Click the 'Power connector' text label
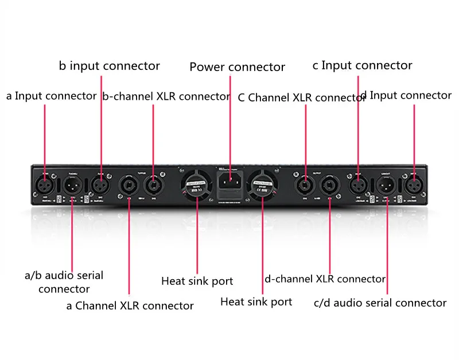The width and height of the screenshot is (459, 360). tap(237, 67)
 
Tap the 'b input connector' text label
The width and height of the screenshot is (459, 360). tap(109, 66)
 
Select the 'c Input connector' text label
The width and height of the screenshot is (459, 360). tap(362, 65)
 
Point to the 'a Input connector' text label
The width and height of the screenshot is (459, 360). tap(51, 96)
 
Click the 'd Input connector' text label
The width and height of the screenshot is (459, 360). tap(405, 95)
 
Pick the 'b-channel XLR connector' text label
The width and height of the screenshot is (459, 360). tap(166, 96)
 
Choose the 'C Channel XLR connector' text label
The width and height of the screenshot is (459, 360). tap(301, 97)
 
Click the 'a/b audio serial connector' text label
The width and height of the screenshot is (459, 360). tap(64, 282)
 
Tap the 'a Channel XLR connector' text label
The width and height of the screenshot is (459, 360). tap(130, 306)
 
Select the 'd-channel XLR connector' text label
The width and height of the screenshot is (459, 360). tap(325, 279)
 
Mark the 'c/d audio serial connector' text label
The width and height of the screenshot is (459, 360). tap(380, 303)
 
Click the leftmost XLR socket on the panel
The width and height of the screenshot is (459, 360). tap(45, 185)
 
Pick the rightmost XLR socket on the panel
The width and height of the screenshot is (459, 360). tap(414, 185)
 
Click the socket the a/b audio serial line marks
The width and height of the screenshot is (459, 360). tap(72, 185)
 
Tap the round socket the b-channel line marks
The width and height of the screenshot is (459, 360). tap(153, 185)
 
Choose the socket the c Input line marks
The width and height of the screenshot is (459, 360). tap(359, 185)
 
